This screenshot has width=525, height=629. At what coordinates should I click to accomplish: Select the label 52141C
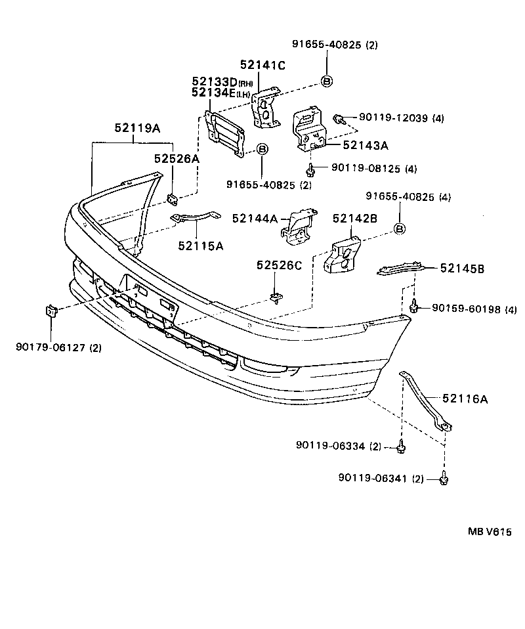click(x=262, y=64)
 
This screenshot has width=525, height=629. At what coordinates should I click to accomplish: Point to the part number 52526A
click(x=177, y=158)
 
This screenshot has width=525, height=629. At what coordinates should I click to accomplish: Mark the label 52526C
click(x=280, y=265)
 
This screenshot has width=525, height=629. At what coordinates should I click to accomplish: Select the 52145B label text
click(x=462, y=268)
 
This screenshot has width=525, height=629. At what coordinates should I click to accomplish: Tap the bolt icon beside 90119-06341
click(x=444, y=479)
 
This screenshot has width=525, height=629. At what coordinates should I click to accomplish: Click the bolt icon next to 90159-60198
click(x=414, y=305)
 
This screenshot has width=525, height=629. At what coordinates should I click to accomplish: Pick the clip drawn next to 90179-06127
click(x=51, y=310)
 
